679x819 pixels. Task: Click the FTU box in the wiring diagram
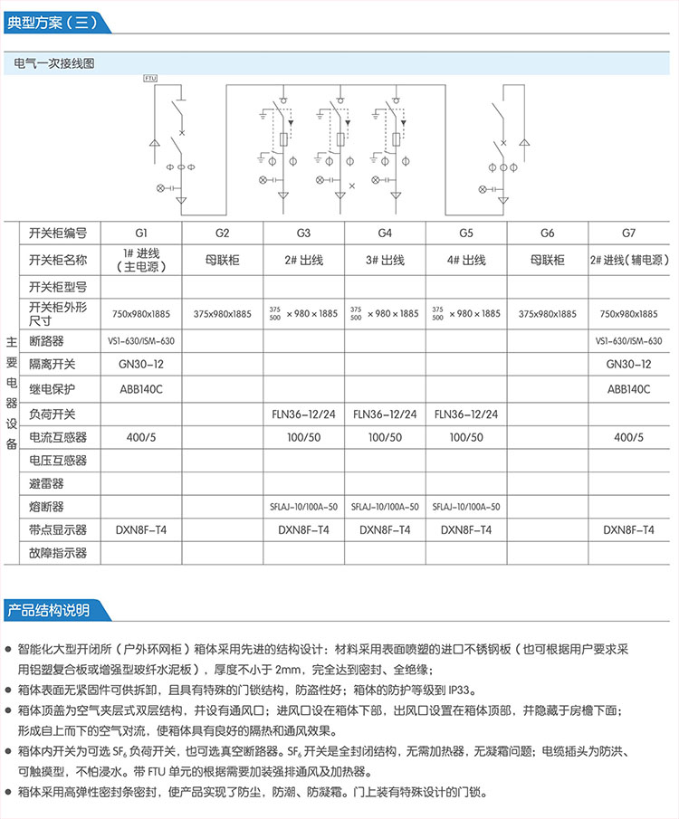point(150,79)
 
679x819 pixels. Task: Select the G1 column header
point(141,233)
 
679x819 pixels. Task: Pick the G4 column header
point(385,233)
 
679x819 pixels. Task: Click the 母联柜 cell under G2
point(223,260)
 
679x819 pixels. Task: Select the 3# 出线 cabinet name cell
point(385,260)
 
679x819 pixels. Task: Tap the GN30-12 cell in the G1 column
point(141,364)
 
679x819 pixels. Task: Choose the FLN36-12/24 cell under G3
point(303,414)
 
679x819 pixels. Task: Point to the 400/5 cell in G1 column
point(141,437)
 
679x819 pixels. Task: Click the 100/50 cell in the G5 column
point(466,437)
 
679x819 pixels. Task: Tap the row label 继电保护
point(58,388)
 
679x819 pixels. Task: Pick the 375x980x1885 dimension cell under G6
point(548,314)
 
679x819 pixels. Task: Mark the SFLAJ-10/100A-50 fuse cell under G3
point(303,507)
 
